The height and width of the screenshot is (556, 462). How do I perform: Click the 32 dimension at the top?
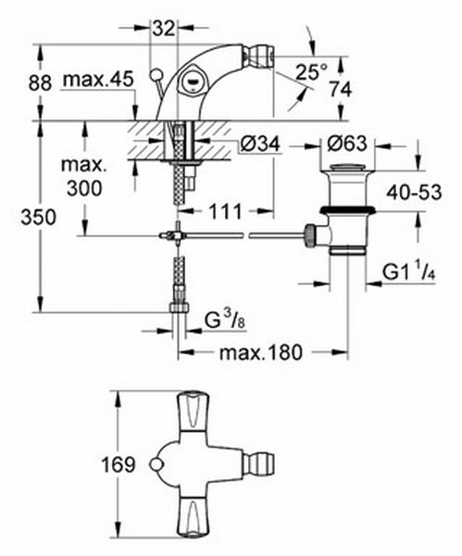(x=164, y=29)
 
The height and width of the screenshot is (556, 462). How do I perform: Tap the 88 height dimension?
(x=40, y=83)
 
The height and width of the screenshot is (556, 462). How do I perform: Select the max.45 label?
(x=98, y=80)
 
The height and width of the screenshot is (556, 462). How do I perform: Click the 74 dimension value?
(x=341, y=89)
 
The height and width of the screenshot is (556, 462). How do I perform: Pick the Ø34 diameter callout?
(x=260, y=144)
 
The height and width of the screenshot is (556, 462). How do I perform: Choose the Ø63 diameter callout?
(x=347, y=144)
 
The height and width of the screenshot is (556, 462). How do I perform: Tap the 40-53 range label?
(x=414, y=193)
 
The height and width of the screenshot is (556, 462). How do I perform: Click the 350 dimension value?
(x=38, y=217)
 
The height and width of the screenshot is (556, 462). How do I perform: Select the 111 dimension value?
(x=225, y=211)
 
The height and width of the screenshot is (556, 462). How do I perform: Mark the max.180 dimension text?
(x=261, y=352)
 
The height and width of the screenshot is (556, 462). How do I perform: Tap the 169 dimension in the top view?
(x=119, y=464)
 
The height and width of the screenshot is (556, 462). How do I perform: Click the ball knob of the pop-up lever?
(x=155, y=75)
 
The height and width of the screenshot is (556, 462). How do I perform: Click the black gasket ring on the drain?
(x=347, y=210)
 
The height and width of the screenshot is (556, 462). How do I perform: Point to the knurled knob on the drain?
(x=310, y=235)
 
